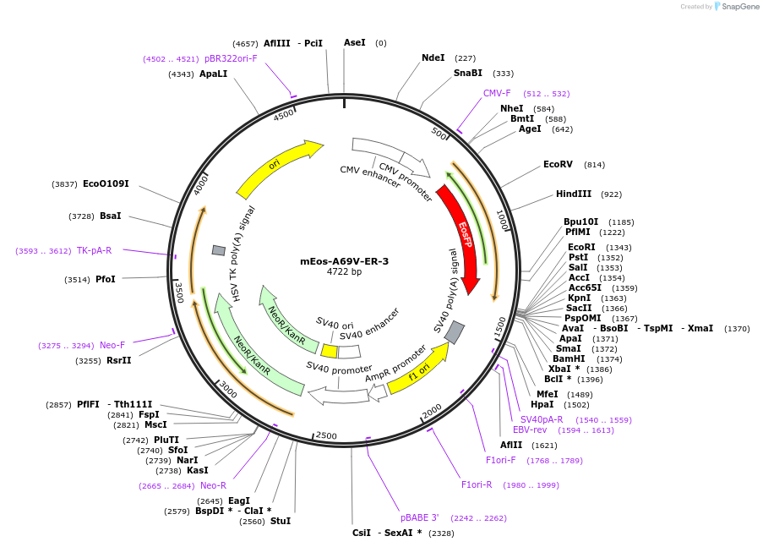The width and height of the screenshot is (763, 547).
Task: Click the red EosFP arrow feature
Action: click(x=462, y=237)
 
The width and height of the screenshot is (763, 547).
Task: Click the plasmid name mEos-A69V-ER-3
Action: click(x=344, y=261)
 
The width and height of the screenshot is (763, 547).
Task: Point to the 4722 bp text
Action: click(x=344, y=272)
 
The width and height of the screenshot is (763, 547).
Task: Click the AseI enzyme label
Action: click(x=355, y=42)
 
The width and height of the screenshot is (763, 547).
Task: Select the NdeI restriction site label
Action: click(x=433, y=58)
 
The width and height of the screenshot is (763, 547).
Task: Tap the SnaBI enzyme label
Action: click(x=467, y=73)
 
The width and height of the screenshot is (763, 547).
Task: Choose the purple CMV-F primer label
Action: click(x=497, y=93)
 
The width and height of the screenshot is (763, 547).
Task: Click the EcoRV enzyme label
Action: click(x=558, y=164)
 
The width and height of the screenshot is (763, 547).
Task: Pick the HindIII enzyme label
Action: click(x=574, y=194)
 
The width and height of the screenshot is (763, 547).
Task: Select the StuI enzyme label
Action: click(x=281, y=521)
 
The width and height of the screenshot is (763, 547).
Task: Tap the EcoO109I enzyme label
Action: click(x=106, y=183)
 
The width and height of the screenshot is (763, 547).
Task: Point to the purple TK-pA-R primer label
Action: click(x=94, y=250)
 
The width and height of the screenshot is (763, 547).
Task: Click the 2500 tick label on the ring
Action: click(x=325, y=436)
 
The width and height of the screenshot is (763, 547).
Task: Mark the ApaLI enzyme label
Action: click(x=213, y=74)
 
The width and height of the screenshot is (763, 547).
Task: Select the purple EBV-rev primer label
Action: click(x=530, y=429)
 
